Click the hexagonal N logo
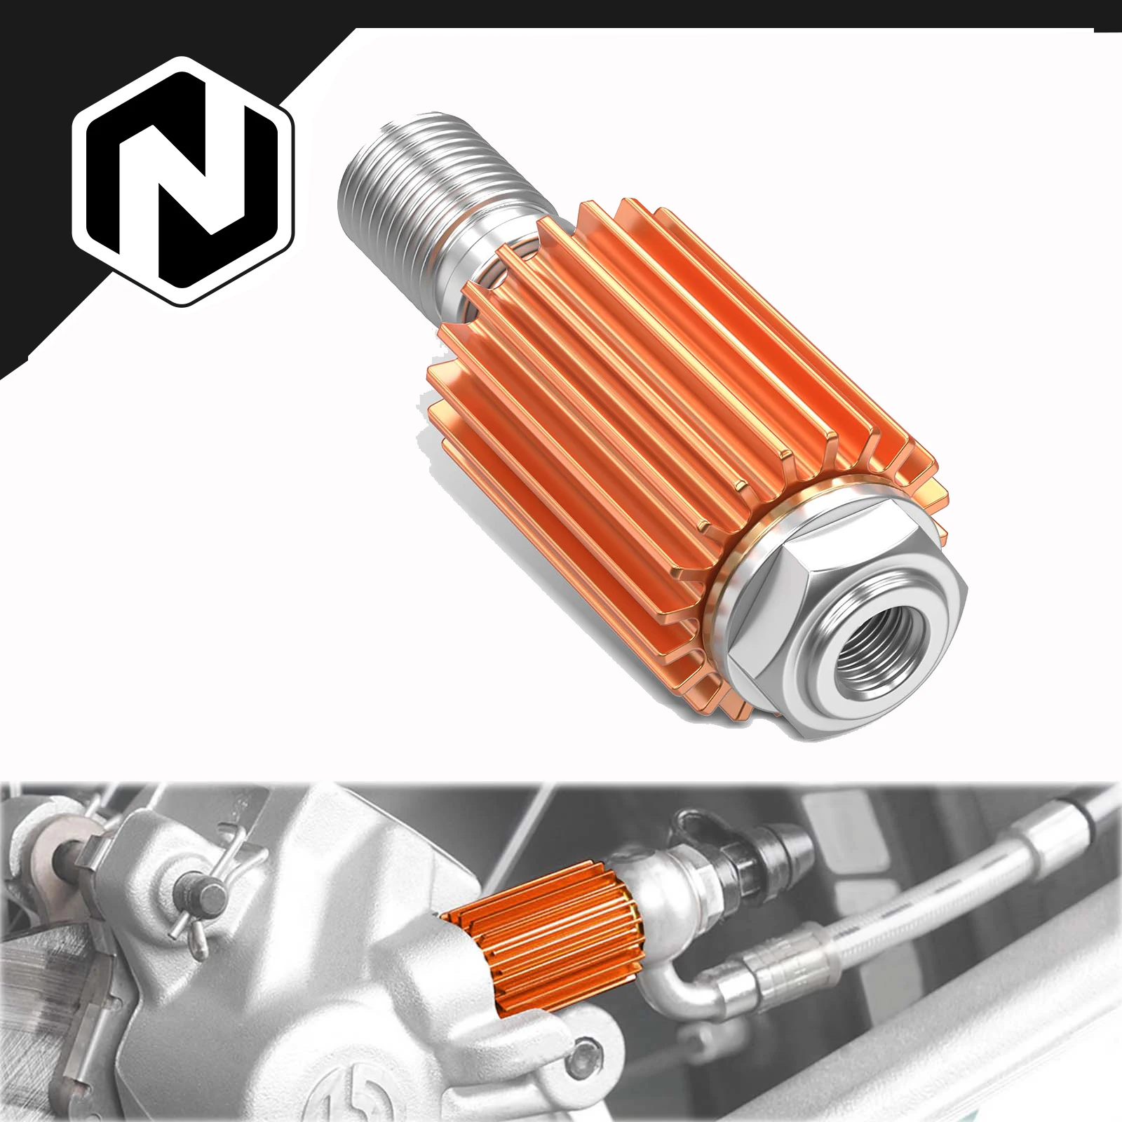point(184,181)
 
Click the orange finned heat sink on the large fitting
point(631,393)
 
